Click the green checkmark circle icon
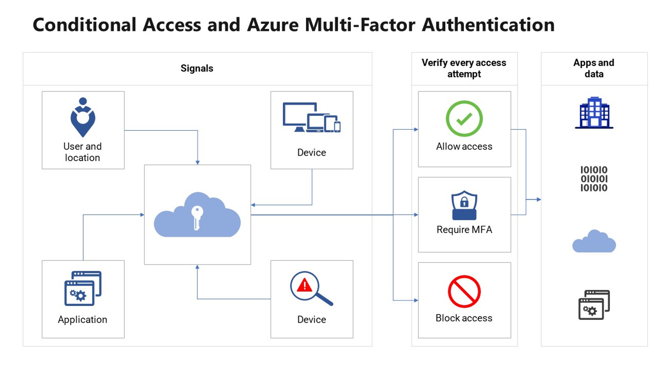[x=464, y=119]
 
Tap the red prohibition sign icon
[x=464, y=291]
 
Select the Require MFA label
[x=464, y=230]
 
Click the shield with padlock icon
[x=464, y=205]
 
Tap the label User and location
[x=83, y=152]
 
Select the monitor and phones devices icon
[x=311, y=118]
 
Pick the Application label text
[x=83, y=319]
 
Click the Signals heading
[x=197, y=68]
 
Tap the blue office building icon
[x=594, y=113]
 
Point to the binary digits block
[x=594, y=179]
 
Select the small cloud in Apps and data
[x=594, y=242]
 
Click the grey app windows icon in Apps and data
[x=594, y=305]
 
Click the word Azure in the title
[x=273, y=25]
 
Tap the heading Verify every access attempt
[x=464, y=68]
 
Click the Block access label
[x=464, y=318]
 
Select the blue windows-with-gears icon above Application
[x=83, y=288]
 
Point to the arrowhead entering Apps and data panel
[x=539, y=199]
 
